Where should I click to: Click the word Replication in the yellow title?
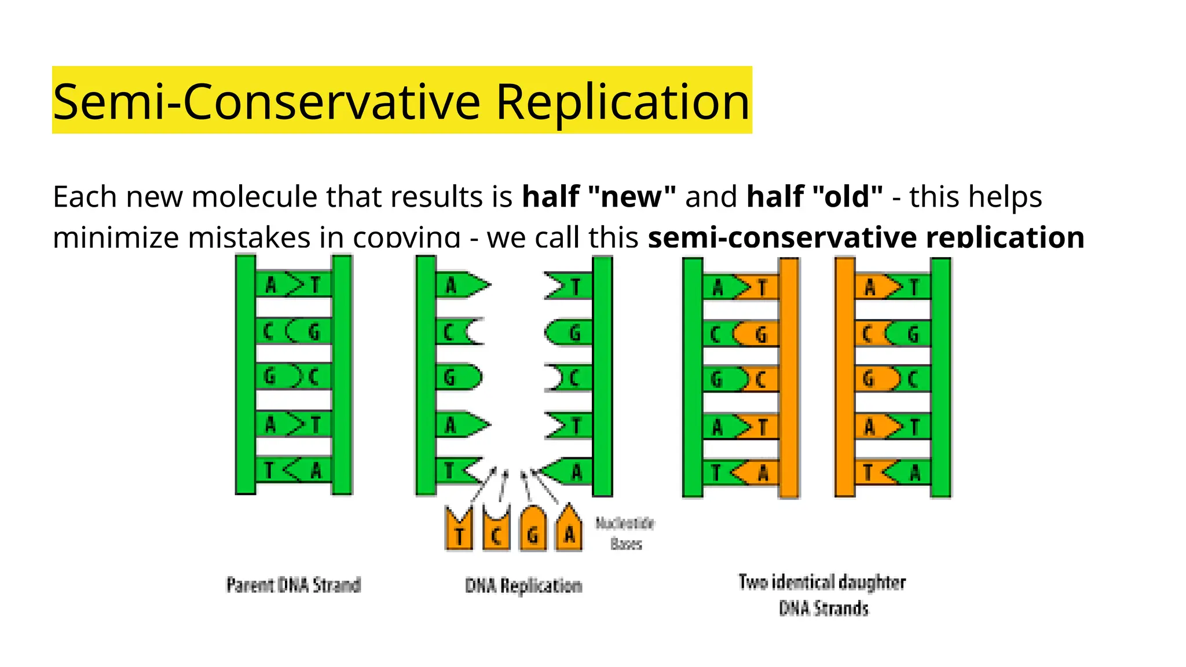(x=623, y=102)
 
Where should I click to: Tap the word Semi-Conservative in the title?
(x=266, y=102)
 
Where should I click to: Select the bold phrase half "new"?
(x=599, y=196)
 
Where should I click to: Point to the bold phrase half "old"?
(x=815, y=196)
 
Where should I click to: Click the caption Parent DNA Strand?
(x=293, y=585)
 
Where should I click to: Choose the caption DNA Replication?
(x=524, y=585)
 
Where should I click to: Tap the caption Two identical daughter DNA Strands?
(x=822, y=595)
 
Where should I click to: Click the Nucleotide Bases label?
(x=625, y=533)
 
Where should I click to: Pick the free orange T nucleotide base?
(x=459, y=530)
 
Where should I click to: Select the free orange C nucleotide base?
(x=496, y=530)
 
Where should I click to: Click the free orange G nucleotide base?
(x=533, y=530)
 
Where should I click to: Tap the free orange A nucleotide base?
(x=569, y=530)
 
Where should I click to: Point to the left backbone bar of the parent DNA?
(x=246, y=375)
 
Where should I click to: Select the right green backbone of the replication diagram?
(x=602, y=376)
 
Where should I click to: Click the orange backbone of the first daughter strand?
(x=789, y=378)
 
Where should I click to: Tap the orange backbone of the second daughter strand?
(x=845, y=378)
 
